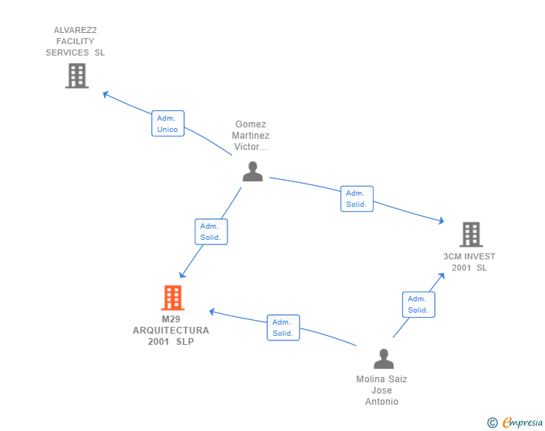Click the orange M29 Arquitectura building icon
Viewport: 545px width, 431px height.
[x=173, y=298]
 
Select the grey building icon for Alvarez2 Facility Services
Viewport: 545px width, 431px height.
[x=77, y=76]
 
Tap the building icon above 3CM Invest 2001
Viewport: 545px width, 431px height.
[x=471, y=235]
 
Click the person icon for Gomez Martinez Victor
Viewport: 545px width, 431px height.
[x=253, y=172]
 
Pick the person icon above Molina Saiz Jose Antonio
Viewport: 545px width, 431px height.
[x=384, y=358]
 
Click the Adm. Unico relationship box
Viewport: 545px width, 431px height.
[x=168, y=124]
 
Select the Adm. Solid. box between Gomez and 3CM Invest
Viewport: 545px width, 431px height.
[x=357, y=199]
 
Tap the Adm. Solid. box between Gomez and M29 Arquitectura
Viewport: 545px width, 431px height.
[x=211, y=232]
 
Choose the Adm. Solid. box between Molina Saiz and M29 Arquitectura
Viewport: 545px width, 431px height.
[x=283, y=328]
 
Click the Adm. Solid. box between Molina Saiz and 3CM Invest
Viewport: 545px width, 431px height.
[x=418, y=304]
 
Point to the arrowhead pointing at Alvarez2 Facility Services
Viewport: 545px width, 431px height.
[x=106, y=94]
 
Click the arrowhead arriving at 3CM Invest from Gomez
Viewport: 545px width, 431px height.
[x=441, y=220]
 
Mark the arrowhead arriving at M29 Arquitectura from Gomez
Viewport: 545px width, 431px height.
[x=182, y=274]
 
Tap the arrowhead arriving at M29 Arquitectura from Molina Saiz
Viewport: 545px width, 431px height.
[x=212, y=312]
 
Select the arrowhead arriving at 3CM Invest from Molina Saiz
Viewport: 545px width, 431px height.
[x=442, y=276]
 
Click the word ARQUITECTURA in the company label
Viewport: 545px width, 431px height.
[x=171, y=331]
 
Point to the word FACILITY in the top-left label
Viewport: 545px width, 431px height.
[x=75, y=41]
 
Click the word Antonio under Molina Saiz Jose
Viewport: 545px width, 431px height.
[x=382, y=402]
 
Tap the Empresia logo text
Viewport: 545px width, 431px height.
[x=523, y=423]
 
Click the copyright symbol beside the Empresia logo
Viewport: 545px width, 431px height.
[x=493, y=423]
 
